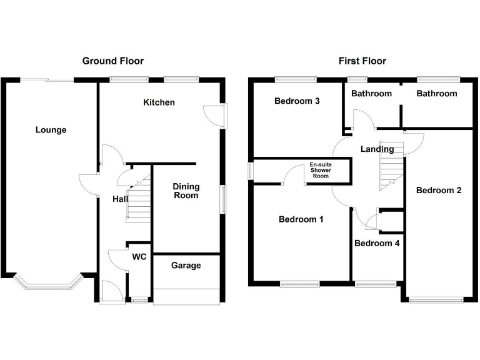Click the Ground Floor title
point(113,61)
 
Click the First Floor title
point(362,61)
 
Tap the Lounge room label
point(51,130)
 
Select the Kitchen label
point(159,102)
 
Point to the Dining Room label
point(186,191)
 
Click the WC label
point(139,256)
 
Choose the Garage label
point(186,266)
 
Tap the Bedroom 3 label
point(297,101)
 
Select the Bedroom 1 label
point(301,219)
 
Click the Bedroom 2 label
point(439,190)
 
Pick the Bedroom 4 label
point(377,243)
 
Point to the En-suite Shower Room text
point(319,171)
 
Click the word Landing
point(377,149)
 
